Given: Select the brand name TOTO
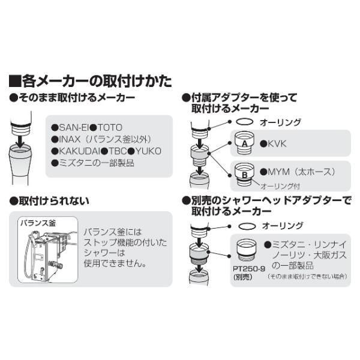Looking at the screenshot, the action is [x=109, y=127].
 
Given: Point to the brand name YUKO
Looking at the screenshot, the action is [x=148, y=151].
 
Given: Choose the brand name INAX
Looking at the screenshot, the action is [x=70, y=139].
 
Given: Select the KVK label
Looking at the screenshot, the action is [x=277, y=144].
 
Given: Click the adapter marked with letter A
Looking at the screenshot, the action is [x=245, y=143].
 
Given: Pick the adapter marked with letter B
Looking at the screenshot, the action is [x=245, y=174].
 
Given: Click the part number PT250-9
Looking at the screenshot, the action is [x=249, y=268].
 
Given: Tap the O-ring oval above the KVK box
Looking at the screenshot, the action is [x=245, y=122].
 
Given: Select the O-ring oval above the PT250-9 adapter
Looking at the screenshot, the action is [x=247, y=226].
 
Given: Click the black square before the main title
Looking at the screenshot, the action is [x=15, y=81].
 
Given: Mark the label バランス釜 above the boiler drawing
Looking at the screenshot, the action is [x=38, y=223].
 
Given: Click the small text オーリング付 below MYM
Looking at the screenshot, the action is [x=280, y=186].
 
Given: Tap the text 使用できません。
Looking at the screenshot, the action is [x=115, y=263].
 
